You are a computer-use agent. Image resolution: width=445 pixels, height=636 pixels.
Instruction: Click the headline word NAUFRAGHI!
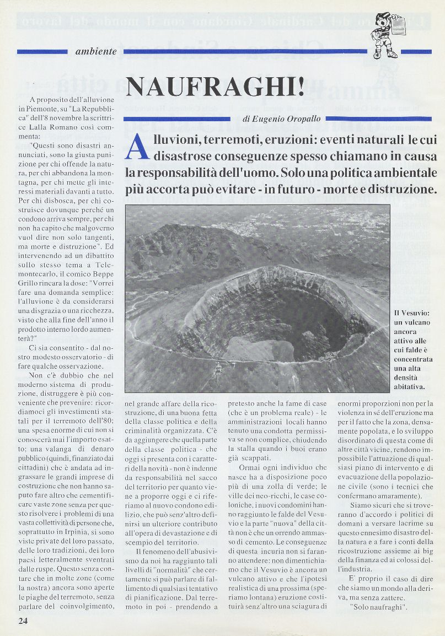click(x=215, y=87)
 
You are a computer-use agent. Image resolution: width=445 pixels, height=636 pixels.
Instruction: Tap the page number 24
click(x=23, y=621)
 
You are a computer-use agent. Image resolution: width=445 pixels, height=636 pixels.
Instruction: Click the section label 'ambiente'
click(x=95, y=52)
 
